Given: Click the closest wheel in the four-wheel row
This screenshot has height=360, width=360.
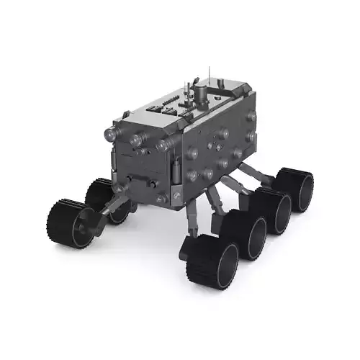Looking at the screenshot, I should (212, 262).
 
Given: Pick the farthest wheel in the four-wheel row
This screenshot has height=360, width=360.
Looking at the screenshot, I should (296, 189).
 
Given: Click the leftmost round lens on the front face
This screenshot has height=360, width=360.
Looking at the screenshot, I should (112, 133).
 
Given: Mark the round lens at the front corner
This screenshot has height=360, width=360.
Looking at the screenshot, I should (163, 145).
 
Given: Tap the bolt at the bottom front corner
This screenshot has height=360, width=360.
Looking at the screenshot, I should (176, 197).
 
